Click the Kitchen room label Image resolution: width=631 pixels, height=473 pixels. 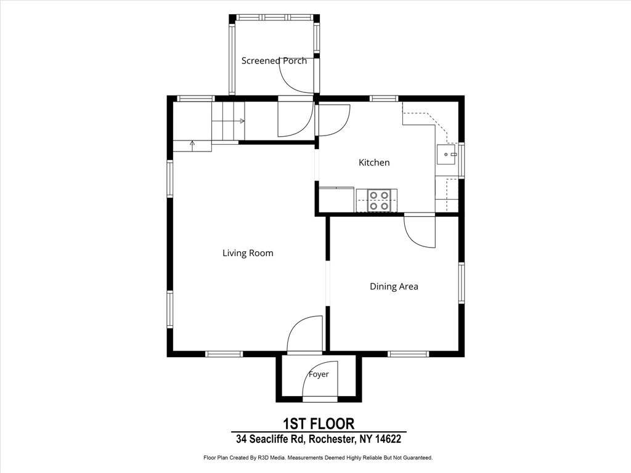(374, 163)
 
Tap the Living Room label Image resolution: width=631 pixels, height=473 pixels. (248, 253)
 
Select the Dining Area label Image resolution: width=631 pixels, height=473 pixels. (394, 286)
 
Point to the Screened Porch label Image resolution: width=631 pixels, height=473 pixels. (274, 61)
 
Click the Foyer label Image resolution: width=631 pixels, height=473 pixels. (319, 374)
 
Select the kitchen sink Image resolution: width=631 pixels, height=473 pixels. (447, 154)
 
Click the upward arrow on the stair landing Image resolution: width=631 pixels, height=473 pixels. (192, 145)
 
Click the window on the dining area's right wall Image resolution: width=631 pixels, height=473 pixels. (461, 283)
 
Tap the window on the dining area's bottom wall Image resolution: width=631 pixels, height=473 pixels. (409, 354)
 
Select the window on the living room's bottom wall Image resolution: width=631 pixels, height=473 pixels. (224, 354)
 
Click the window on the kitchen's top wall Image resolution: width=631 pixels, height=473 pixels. (384, 98)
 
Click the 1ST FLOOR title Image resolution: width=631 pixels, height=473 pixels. (319, 424)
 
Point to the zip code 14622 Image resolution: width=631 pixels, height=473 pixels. (388, 439)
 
